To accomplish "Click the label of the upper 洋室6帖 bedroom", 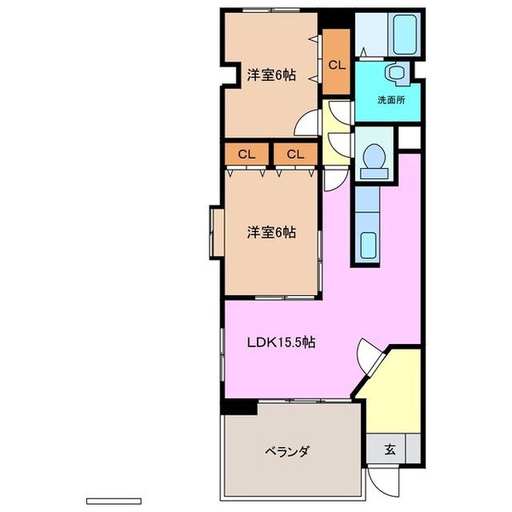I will click(x=272, y=74).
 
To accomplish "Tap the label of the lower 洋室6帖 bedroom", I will click(x=272, y=231).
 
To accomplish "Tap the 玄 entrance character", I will click(x=389, y=449).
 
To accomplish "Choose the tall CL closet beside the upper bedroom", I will click(x=337, y=64).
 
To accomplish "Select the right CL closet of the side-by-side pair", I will click(x=295, y=154).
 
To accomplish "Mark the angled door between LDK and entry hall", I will click(x=369, y=356).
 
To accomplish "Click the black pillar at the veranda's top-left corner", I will click(x=239, y=409).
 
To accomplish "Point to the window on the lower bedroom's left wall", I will click(x=214, y=231).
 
